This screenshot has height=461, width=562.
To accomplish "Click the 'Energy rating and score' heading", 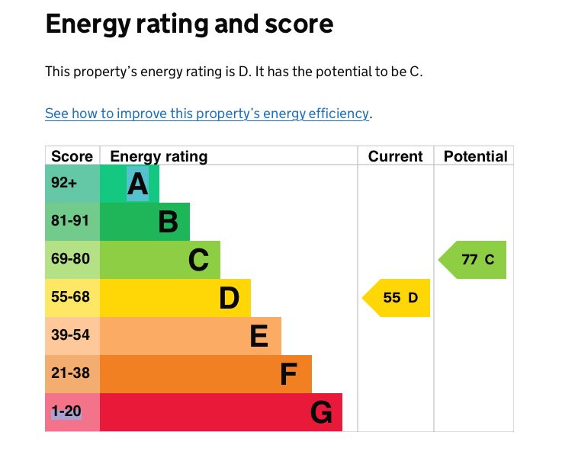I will pos(189,24).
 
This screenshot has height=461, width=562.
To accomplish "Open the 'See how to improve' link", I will pos(207,114).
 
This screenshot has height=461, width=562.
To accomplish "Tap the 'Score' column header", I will pos(72,156).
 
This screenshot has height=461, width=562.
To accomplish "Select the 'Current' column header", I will pos(395,156).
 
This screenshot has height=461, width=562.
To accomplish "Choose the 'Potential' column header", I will pos(475,156).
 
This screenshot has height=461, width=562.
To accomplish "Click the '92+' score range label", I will pos(64,183).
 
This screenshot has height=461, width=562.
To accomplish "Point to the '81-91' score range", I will pos(70,221).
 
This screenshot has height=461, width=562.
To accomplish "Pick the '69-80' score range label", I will pos(70,259).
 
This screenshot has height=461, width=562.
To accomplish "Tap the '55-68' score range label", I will pos(70,297).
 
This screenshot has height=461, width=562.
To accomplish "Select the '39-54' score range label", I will pos(70,335).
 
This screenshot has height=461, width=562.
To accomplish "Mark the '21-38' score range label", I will pos(70,373).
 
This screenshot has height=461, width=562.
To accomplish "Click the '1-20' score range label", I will pos(66,411).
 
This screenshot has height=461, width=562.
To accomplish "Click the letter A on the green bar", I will pos(137,184).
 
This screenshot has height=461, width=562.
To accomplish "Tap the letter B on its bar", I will pos(168,222).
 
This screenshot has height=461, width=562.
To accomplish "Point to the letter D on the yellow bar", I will pos(229,298).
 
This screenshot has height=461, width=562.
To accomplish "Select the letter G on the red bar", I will pos(321,412).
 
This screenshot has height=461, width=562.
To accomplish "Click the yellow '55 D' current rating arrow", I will pos(397,297).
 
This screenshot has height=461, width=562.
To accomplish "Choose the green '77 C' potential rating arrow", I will pos(474,260).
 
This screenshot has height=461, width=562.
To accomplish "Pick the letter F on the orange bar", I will pos(288,374).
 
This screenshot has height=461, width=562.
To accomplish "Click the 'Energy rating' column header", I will pos(159,156).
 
